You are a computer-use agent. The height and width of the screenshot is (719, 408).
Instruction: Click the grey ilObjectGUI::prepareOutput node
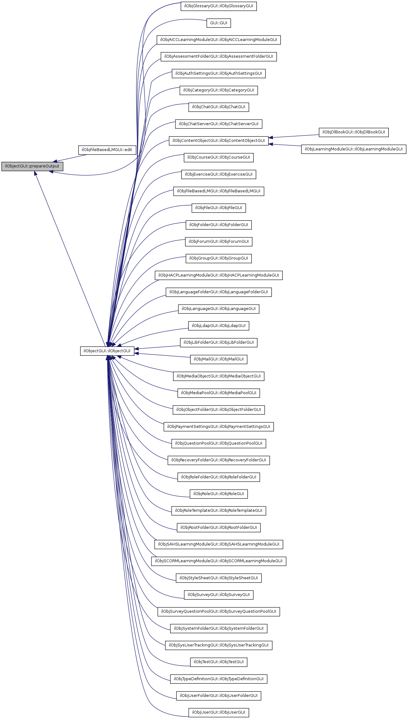[32, 166]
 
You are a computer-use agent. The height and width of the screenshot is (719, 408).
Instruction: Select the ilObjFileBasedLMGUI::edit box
[107, 150]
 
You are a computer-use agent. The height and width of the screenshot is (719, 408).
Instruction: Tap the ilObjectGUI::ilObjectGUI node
[107, 351]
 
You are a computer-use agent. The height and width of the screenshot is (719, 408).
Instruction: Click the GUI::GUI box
[219, 23]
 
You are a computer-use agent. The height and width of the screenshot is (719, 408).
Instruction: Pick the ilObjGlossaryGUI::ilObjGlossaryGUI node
[219, 6]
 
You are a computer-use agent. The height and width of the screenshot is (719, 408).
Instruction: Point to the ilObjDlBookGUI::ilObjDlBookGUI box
[353, 132]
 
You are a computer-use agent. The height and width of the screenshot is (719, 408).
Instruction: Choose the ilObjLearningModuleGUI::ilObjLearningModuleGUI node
[353, 149]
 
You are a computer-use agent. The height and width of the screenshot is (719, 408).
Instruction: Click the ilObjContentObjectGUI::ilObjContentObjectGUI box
[219, 141]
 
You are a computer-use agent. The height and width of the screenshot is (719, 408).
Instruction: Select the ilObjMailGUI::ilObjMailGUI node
[219, 359]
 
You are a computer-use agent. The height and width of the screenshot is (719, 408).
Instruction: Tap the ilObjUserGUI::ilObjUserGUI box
[219, 712]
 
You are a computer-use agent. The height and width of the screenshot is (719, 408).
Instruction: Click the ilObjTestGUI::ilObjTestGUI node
[219, 662]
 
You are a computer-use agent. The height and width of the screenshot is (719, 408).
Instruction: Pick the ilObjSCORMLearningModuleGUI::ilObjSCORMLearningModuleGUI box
[219, 561]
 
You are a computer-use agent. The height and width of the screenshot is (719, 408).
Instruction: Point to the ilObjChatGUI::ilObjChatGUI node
[219, 107]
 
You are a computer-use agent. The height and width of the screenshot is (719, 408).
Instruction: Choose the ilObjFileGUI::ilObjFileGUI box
[219, 208]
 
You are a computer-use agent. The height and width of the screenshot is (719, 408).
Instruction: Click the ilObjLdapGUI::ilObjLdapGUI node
[219, 326]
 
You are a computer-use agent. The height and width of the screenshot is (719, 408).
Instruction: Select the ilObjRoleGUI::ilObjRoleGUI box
[219, 494]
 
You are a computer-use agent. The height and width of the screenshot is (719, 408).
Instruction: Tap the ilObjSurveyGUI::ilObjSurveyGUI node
[219, 595]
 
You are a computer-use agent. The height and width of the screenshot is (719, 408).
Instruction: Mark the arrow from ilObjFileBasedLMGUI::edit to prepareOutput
[71, 158]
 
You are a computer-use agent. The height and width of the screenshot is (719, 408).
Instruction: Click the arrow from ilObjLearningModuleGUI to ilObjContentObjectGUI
[286, 145]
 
